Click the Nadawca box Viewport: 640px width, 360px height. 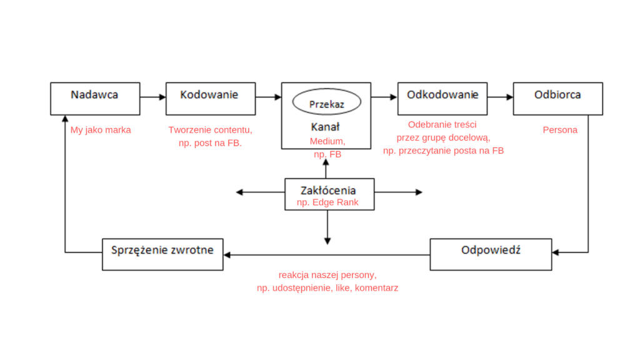tap(94, 98)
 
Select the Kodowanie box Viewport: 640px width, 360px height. tap(210, 98)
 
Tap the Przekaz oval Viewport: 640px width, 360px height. tap(326, 103)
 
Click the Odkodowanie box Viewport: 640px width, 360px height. tap(442, 98)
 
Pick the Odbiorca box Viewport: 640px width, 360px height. tap(557, 98)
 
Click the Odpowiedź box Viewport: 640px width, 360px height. tap(491, 254)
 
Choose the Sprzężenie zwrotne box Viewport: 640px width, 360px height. tap(162, 254)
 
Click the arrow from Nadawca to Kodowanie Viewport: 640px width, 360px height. tap(152, 97)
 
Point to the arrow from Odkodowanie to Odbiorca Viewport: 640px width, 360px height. tap(500, 97)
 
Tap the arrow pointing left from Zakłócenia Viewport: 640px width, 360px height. tap(259, 192)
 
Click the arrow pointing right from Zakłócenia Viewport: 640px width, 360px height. tap(399, 192)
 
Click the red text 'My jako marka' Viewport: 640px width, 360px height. tap(101, 131)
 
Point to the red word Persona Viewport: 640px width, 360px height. tap(560, 131)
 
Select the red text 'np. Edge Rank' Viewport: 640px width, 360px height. tap(327, 202)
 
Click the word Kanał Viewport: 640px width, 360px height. tap(325, 127)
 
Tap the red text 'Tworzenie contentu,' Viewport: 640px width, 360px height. tap(210, 131)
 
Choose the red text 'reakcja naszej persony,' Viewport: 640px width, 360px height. tap(327, 275)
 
